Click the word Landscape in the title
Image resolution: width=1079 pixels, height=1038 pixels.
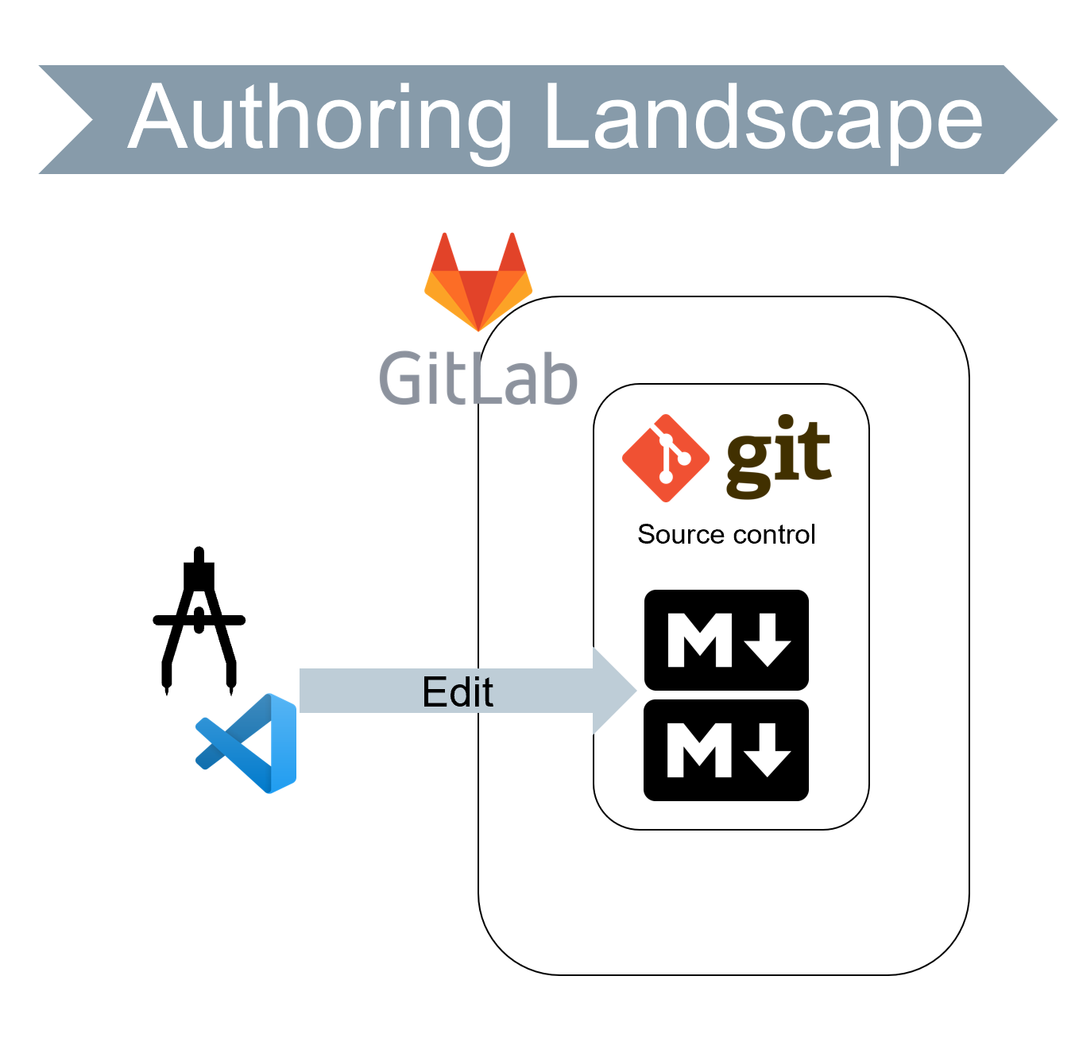(x=763, y=119)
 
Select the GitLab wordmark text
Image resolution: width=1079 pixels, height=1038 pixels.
(x=478, y=378)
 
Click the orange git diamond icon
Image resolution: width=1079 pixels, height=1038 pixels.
(x=665, y=458)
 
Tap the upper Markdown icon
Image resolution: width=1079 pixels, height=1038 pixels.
(x=726, y=640)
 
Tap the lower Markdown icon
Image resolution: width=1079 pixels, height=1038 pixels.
(x=726, y=749)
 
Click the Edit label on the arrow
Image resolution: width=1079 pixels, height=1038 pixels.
(x=458, y=691)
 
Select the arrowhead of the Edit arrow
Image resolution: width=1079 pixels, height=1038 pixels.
(x=614, y=690)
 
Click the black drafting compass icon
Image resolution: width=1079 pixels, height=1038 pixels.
(x=199, y=620)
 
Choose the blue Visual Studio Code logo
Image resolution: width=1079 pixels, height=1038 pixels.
(x=248, y=743)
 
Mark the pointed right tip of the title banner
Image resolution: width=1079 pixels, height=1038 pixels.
(x=1053, y=120)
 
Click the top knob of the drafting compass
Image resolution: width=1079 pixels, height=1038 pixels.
(x=199, y=554)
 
